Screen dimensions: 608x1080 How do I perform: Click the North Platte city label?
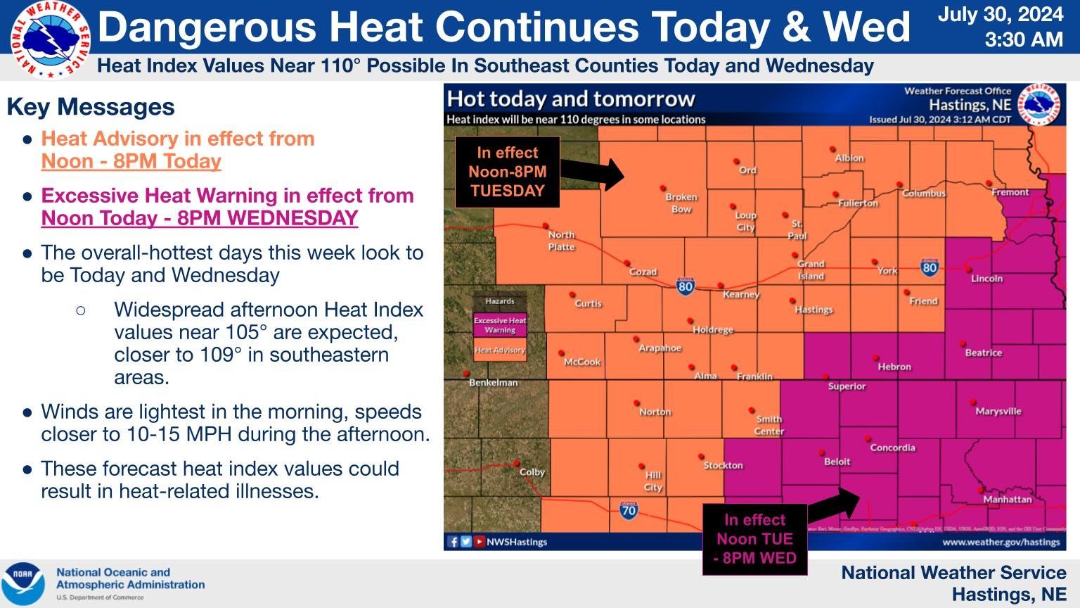561,241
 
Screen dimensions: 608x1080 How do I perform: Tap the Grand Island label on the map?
811,270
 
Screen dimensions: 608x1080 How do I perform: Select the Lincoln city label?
986,279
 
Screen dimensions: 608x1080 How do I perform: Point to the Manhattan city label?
1007,500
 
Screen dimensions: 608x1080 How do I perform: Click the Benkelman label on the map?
493,383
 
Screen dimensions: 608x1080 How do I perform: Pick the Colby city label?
532,472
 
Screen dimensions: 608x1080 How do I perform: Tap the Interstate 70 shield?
629,510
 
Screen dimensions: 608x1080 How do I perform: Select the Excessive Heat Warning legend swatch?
500,325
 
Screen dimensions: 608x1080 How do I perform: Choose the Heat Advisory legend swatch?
500,350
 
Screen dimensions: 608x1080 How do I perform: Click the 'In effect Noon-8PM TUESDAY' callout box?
507,172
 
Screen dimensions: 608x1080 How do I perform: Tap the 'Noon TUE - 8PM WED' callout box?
754,539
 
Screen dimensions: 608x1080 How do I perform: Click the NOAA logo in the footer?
22,583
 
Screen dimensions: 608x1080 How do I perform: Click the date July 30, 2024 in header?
1000,15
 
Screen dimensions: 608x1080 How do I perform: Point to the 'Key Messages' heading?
91,107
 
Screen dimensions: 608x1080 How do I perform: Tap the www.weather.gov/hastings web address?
1001,542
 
